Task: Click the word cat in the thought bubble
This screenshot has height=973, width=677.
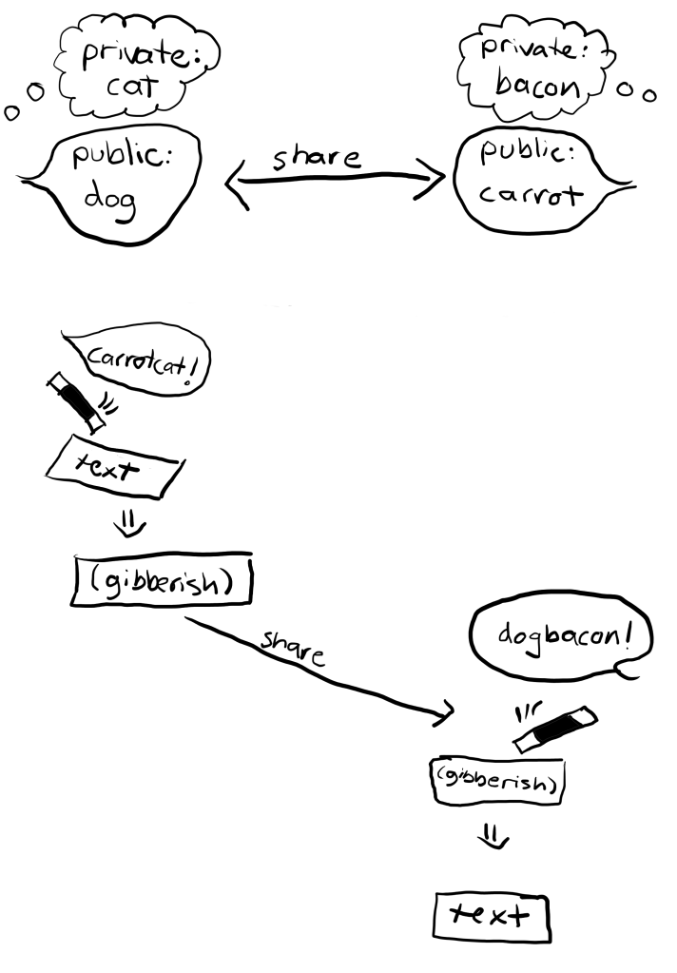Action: coord(129,92)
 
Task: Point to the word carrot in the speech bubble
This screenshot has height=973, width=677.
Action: coord(531,195)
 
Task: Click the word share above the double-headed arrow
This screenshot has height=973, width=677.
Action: coord(317,158)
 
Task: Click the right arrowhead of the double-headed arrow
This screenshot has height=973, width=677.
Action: coord(435,178)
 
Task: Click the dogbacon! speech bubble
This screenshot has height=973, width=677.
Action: coord(561,635)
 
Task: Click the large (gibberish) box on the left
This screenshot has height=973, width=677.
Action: coord(162,577)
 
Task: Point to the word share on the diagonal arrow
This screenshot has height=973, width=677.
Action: coord(292,648)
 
